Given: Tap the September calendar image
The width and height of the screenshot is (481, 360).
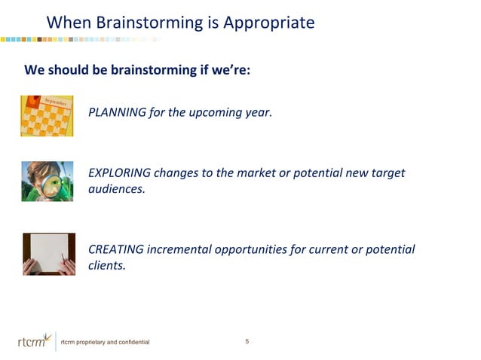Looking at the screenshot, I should coord(47,115).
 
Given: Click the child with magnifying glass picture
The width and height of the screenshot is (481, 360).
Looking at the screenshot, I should coord(47,181).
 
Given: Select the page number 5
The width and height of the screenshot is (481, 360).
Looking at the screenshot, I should coord(247,343).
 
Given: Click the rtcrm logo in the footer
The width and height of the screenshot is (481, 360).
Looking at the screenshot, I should coord(34,341).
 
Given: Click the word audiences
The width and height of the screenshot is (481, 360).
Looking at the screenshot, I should coord(116,189).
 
